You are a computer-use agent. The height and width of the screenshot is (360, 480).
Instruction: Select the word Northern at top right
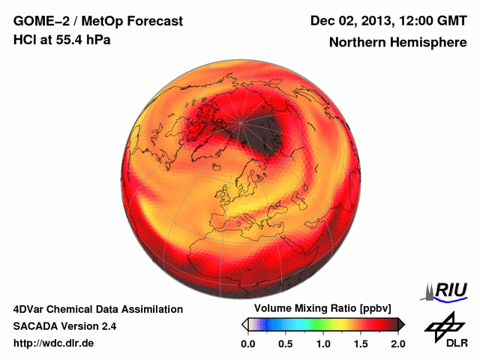[355, 43]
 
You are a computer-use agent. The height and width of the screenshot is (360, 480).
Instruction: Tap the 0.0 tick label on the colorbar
[248, 343]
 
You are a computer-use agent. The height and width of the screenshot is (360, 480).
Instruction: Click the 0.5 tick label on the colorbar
[286, 343]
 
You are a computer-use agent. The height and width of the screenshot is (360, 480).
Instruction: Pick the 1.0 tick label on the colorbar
[323, 343]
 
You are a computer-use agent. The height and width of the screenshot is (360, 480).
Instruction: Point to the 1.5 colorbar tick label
[361, 343]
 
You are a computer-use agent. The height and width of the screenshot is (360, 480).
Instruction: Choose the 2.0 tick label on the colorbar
[397, 343]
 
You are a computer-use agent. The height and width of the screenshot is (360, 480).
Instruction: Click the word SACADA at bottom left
[36, 326]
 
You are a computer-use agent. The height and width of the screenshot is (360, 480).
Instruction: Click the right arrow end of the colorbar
[402, 324]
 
